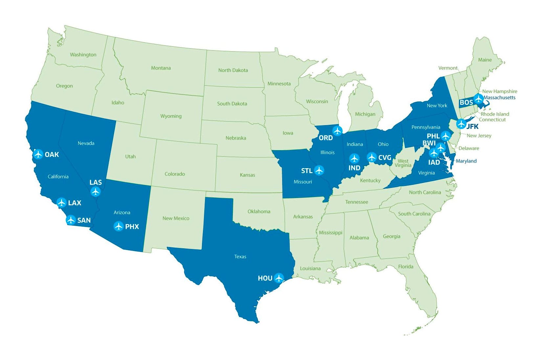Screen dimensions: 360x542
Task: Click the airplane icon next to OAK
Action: tap(38, 154)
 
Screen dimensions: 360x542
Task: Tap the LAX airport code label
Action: tap(75, 203)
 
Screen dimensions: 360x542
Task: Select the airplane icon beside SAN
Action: tap(71, 220)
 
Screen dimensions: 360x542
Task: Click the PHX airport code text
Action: tap(132, 227)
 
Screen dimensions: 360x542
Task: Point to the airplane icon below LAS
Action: tap(96, 191)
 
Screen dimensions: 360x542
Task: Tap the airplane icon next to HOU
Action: tap(279, 278)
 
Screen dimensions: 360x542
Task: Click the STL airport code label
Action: tap(306, 171)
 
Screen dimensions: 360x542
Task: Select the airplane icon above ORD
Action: tap(337, 131)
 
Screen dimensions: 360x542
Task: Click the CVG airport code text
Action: tap(385, 158)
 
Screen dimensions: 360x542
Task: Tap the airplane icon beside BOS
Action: tap(479, 98)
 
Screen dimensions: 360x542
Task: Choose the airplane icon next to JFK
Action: tap(461, 124)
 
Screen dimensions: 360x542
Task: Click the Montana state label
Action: tap(161, 68)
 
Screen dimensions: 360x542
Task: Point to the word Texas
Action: tap(240, 257)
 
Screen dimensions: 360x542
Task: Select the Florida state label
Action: tap(406, 267)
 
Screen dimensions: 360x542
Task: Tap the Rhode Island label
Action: tap(495, 114)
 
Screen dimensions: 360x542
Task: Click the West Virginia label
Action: tap(403, 163)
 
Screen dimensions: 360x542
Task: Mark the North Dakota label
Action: tap(233, 70)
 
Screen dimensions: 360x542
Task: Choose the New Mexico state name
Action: tap(176, 218)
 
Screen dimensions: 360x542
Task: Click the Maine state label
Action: tap(485, 60)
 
